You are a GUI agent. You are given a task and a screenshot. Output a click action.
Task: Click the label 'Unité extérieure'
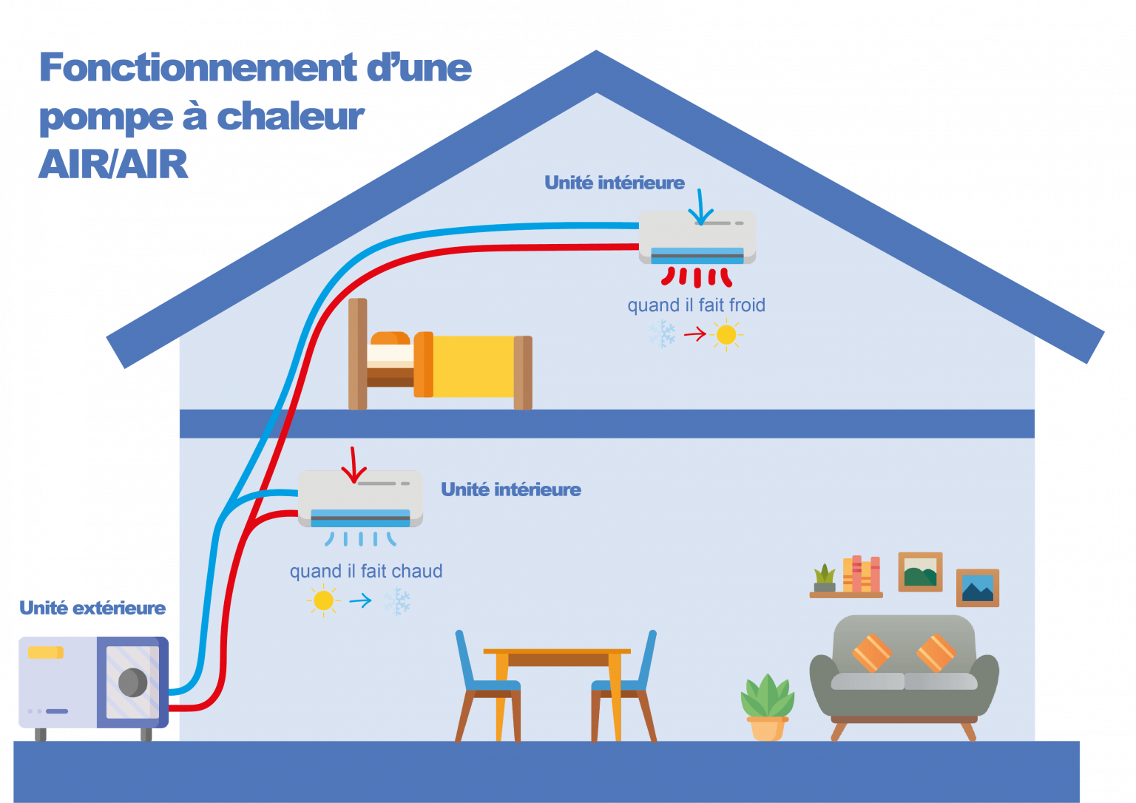[93, 608]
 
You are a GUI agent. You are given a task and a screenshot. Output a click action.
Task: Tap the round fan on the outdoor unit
[133, 682]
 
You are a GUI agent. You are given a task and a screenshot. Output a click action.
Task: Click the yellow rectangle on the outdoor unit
[45, 653]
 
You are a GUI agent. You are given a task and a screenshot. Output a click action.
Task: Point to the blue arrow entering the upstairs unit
[698, 208]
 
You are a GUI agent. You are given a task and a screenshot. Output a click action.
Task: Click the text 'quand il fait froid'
[696, 305]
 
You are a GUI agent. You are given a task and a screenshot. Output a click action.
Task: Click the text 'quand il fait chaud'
[366, 572]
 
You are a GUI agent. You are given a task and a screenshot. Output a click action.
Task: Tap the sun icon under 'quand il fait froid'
[726, 335]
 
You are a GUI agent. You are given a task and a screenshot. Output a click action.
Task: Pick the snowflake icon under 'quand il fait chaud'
[397, 601]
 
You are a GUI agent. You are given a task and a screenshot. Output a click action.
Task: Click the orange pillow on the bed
[390, 339]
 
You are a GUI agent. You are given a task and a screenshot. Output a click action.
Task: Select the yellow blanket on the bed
[473, 366]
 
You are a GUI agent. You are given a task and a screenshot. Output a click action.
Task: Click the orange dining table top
[557, 652]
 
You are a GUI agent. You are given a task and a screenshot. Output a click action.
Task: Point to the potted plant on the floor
[767, 706]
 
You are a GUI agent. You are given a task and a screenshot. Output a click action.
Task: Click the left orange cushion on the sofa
[872, 652]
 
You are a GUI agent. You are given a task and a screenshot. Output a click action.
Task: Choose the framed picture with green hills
[920, 572]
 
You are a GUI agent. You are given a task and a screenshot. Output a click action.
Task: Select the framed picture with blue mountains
[978, 588]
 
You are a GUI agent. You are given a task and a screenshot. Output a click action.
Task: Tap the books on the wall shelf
[862, 574]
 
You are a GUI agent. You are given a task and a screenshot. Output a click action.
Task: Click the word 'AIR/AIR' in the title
[114, 164]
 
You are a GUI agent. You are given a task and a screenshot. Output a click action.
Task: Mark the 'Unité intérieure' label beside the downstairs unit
[511, 489]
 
